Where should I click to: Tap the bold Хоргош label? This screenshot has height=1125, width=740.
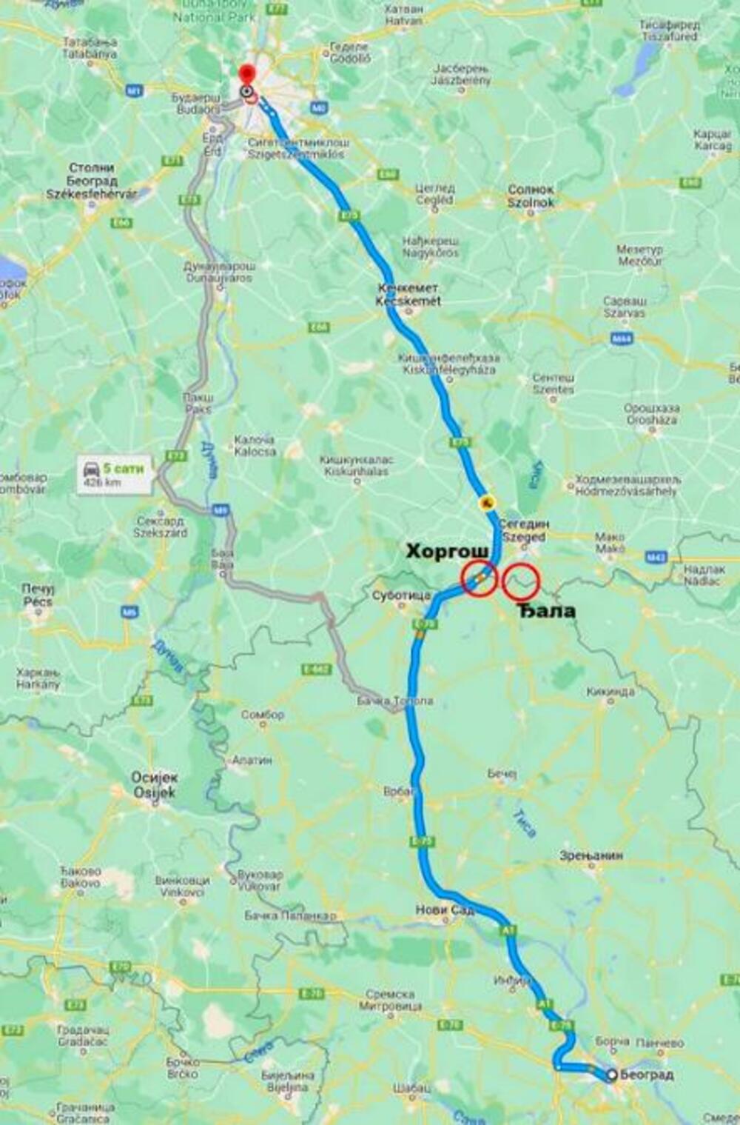[447, 551]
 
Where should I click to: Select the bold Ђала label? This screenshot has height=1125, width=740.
[545, 610]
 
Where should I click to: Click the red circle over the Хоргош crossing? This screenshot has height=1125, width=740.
[480, 578]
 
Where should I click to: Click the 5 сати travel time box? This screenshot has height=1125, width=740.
[114, 474]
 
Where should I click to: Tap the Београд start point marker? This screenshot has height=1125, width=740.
[611, 1075]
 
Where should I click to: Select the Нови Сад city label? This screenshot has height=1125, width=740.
[444, 909]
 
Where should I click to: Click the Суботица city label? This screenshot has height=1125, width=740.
[401, 595]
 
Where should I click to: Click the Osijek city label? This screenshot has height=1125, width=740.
[155, 785]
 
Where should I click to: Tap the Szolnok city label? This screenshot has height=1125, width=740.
[531, 196]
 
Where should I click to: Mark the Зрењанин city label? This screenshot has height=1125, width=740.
[591, 855]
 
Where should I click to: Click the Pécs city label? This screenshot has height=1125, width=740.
[37, 595]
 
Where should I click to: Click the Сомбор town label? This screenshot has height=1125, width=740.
[263, 715]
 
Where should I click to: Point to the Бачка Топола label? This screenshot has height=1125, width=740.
[394, 700]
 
